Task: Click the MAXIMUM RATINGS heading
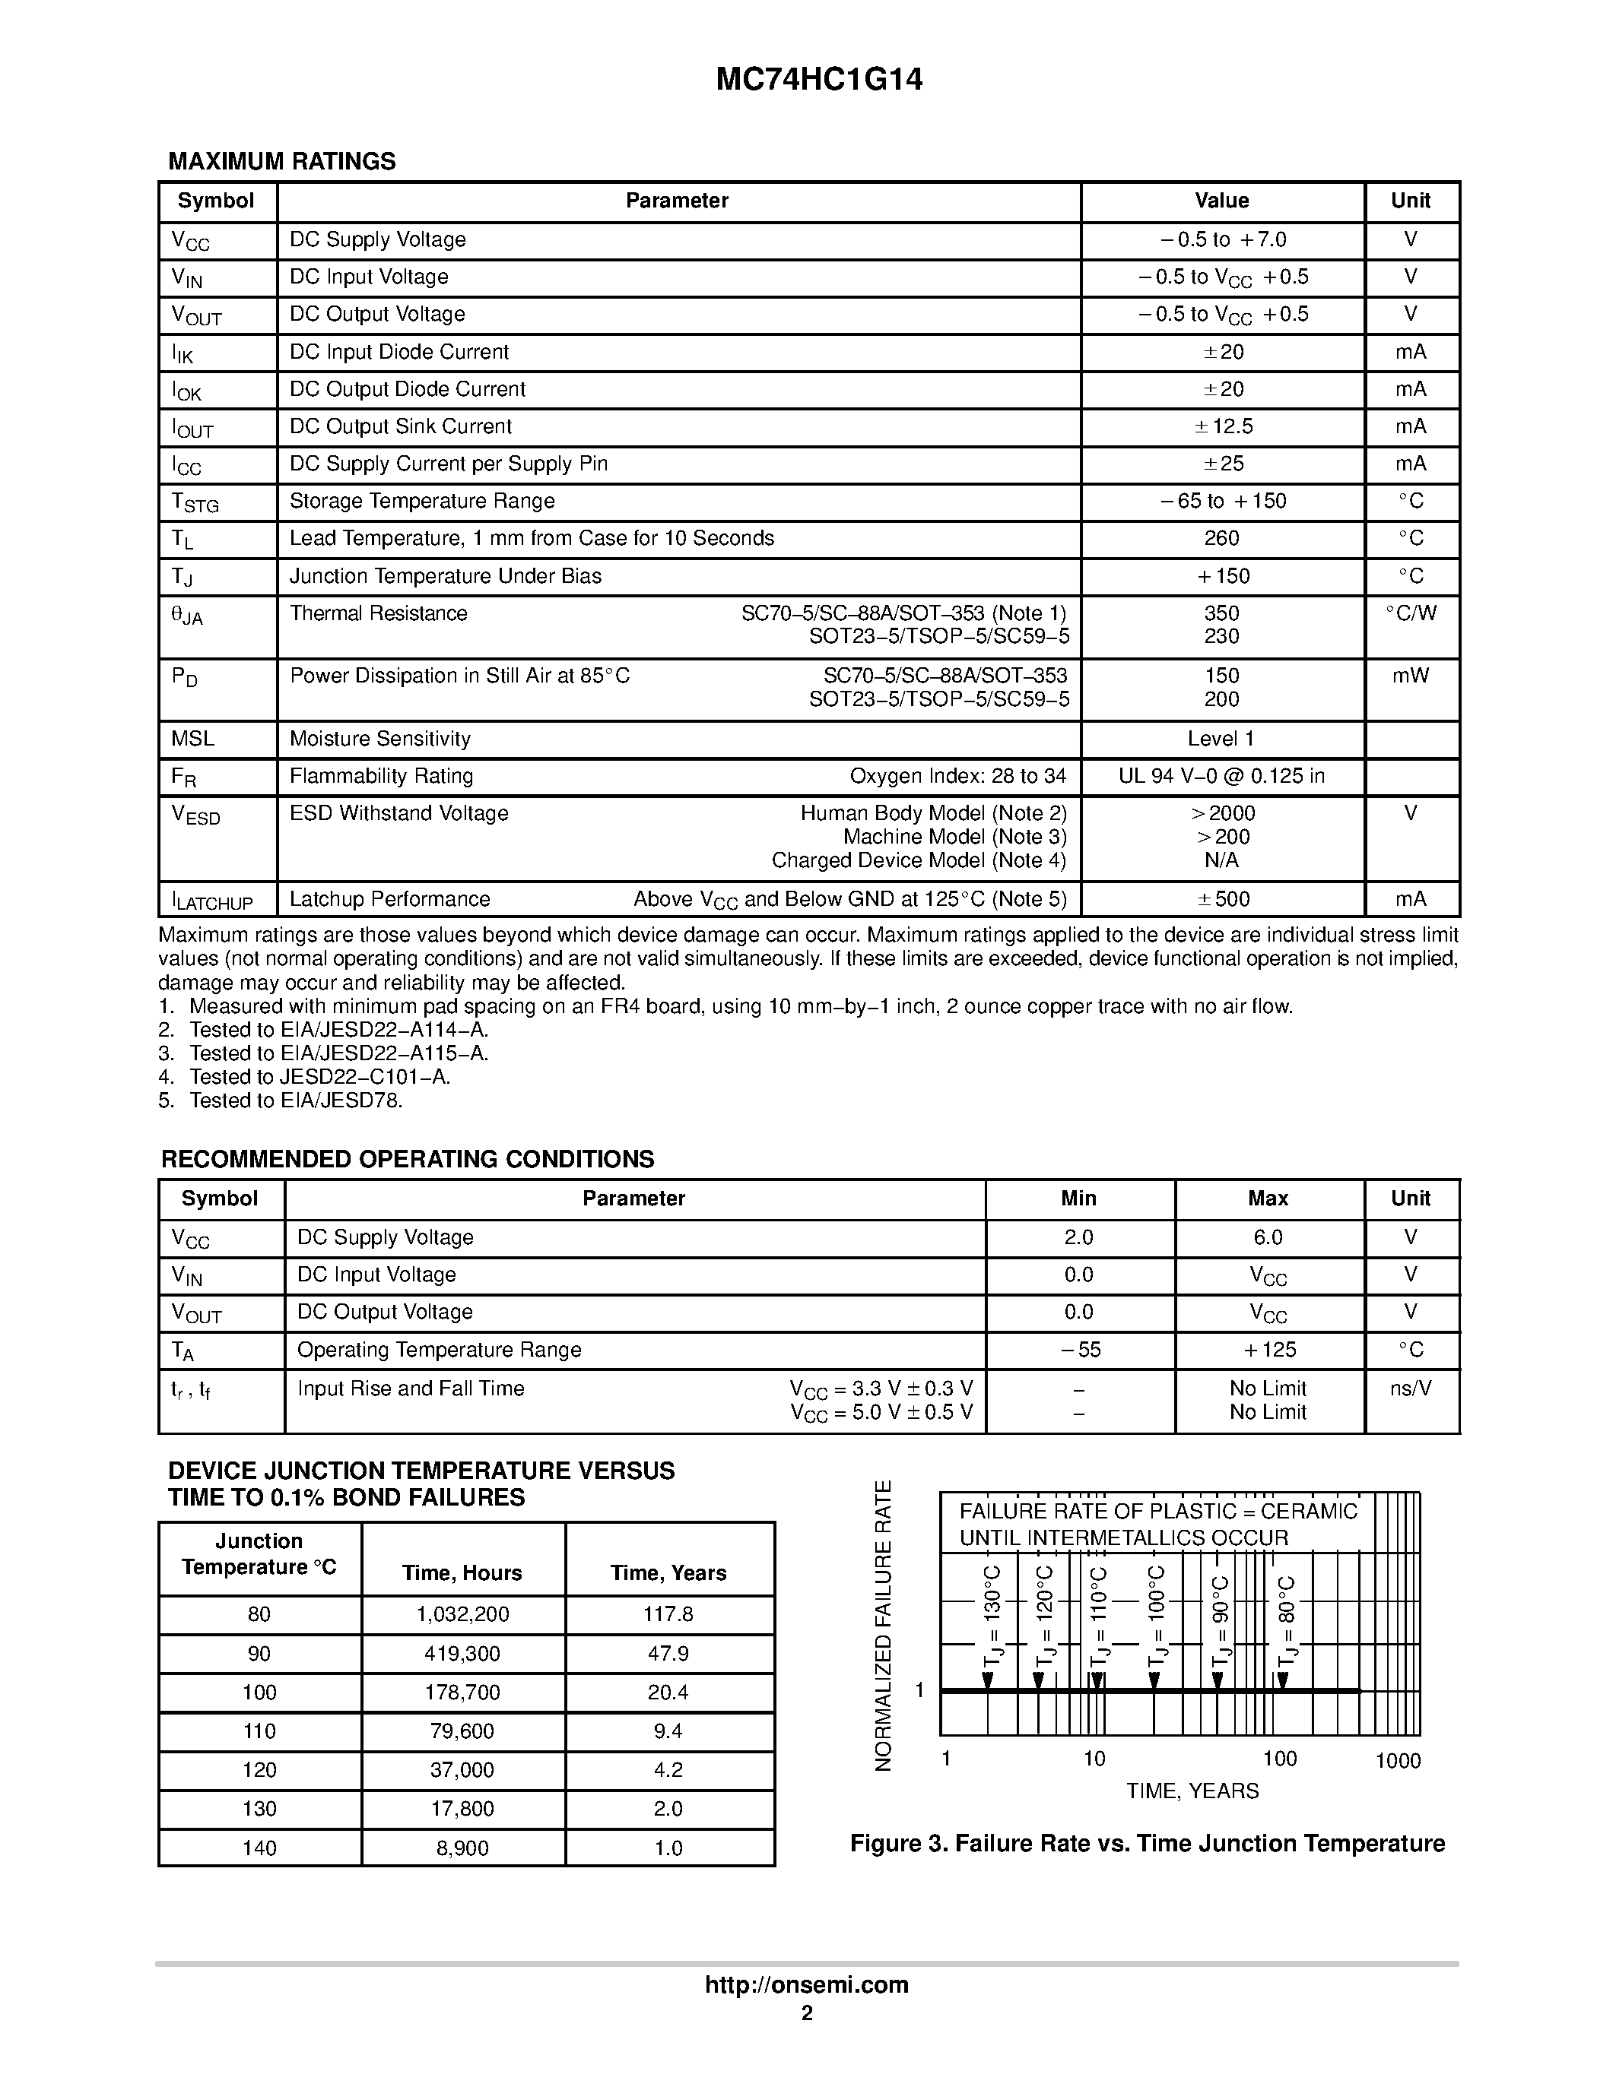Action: coord(281,162)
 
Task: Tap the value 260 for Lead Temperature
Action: coord(1221,539)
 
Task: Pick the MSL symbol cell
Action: coord(192,739)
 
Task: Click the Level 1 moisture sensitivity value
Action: coord(1221,739)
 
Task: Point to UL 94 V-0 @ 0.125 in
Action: coord(1221,776)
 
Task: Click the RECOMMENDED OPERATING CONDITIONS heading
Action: coord(407,1159)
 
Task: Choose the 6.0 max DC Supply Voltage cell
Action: coord(1268,1237)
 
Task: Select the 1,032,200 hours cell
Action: coord(462,1614)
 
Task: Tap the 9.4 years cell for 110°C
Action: coord(668,1731)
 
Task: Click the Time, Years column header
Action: coord(668,1573)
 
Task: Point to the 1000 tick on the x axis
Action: coord(1397,1761)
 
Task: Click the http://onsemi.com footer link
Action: coord(806,1984)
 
